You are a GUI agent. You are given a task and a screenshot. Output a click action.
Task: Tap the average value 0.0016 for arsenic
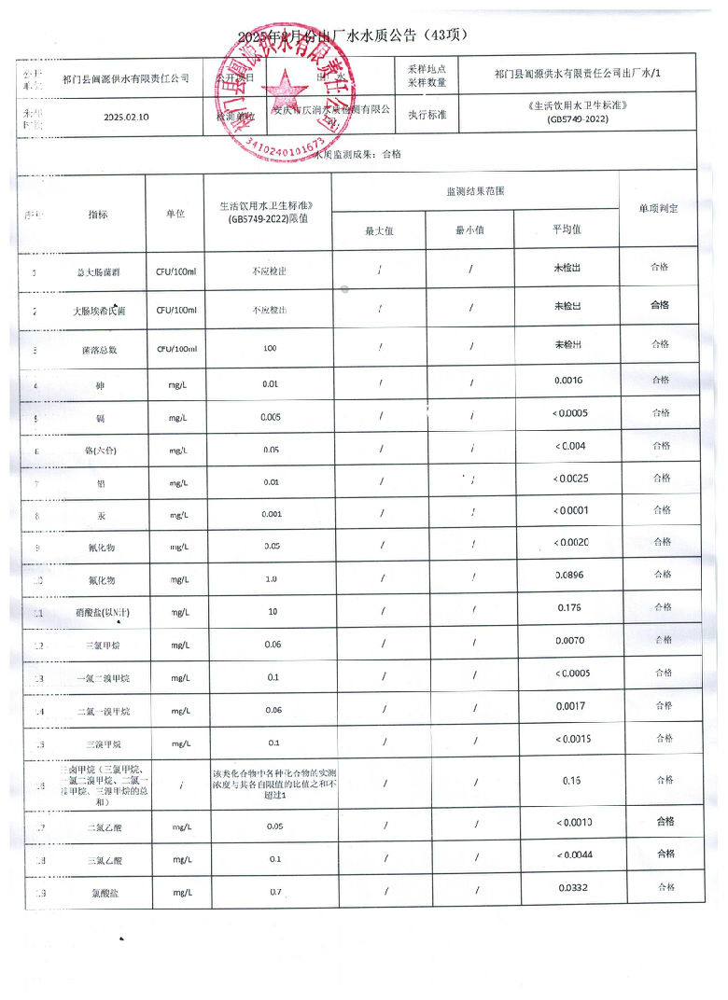coord(568,381)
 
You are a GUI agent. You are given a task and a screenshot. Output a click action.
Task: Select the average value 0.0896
coord(568,575)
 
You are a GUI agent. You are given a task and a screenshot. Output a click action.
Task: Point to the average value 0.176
coord(568,607)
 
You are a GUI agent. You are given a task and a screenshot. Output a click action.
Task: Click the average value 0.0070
coord(568,641)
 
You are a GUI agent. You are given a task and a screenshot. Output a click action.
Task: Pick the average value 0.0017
coord(568,706)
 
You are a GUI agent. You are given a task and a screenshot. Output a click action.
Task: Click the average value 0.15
coord(572,781)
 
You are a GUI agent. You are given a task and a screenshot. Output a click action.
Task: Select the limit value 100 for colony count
coord(271,348)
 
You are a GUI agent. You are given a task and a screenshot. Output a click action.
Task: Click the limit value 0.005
coord(271,417)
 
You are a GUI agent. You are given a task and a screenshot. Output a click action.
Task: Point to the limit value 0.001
coord(271,514)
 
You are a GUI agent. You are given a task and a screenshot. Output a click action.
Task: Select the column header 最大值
coord(379,230)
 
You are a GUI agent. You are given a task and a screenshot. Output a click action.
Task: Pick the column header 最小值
coord(469,230)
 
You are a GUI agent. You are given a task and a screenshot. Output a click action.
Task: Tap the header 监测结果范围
coord(476,190)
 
